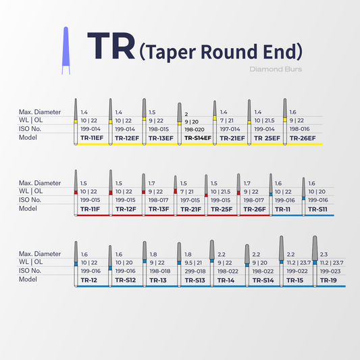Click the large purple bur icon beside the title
66,51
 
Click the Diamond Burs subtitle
276,69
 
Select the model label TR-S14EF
198,138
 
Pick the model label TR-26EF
303,138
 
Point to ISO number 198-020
195,130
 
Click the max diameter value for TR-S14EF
186,114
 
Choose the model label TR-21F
190,209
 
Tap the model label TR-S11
317,209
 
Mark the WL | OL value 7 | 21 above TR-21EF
227,120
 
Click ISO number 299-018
195,272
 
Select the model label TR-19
328,280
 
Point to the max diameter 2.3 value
324,255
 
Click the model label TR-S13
195,280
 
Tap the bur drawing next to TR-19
315,261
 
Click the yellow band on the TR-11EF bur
76,122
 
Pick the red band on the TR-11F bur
76,192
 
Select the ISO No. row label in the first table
30,129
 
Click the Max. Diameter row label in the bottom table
40,254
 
